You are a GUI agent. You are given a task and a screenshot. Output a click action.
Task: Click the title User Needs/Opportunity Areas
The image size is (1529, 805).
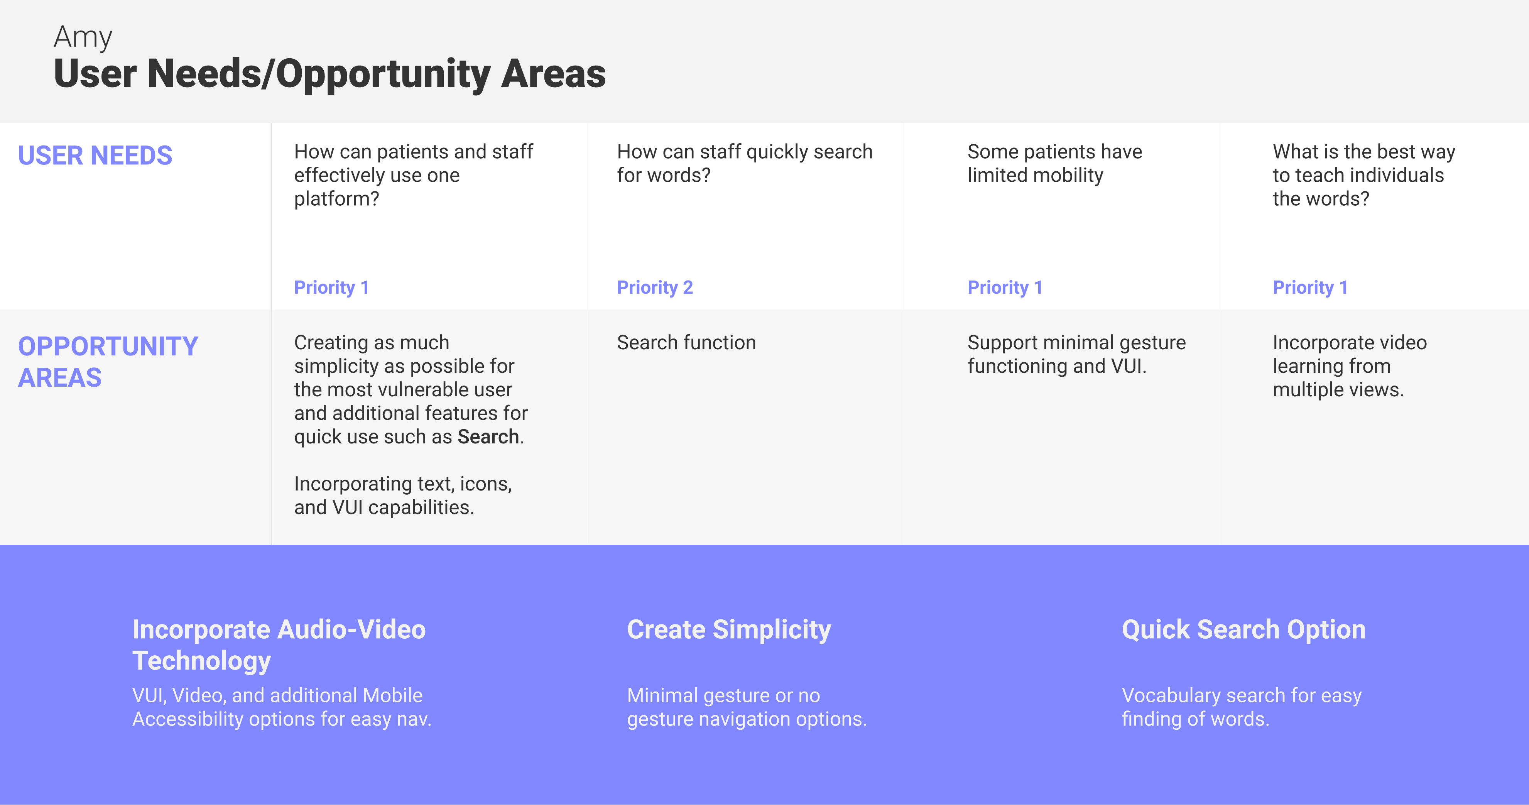coord(330,74)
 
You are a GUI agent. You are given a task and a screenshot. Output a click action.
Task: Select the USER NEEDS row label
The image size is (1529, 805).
coord(95,156)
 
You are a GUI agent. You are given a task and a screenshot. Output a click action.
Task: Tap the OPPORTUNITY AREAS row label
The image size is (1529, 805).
coord(108,362)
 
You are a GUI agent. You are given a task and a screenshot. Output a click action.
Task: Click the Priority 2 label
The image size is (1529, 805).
coord(655,287)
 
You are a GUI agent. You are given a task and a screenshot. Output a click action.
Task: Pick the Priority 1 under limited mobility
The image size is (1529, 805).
coord(1005,287)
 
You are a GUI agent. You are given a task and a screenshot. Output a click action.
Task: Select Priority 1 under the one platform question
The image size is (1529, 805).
coord(331,287)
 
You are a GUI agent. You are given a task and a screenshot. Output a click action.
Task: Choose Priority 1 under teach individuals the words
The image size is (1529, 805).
coord(1310,287)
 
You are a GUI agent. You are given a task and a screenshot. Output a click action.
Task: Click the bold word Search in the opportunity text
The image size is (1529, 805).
coord(488,437)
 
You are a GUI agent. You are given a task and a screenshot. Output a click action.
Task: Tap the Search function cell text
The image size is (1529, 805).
coord(686,343)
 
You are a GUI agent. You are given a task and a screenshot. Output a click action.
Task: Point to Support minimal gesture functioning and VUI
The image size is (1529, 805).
coord(1076,354)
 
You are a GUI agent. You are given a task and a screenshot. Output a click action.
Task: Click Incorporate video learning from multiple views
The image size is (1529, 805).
coord(1349,366)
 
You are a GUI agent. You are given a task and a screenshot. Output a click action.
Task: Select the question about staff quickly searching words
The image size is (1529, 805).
coord(744,163)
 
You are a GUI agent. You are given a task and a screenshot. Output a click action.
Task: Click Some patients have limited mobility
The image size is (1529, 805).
coord(1054,163)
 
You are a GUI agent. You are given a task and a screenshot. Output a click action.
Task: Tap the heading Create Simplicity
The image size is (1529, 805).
coord(729,630)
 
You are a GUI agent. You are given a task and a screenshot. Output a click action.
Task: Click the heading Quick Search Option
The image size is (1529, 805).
coord(1243,630)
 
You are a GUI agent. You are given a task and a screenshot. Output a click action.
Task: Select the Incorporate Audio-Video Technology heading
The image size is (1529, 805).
coord(279,645)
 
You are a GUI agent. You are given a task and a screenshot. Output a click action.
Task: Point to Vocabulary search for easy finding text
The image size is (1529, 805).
coord(1241,707)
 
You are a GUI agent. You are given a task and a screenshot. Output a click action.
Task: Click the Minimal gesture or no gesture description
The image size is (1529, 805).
coord(747,707)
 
